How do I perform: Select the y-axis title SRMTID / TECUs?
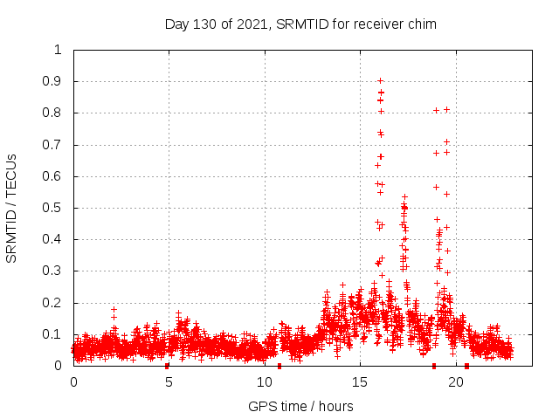12,208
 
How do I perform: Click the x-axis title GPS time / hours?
300,406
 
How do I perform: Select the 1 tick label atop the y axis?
58,50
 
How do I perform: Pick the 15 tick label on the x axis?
360,382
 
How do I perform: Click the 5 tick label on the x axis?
169,382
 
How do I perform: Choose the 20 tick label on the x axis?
455,382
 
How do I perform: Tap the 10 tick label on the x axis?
264,382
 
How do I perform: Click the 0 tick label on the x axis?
73,382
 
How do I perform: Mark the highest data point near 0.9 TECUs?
380,81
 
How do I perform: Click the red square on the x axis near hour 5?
167,366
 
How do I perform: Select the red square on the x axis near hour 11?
279,366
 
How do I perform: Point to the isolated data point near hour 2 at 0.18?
114,309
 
